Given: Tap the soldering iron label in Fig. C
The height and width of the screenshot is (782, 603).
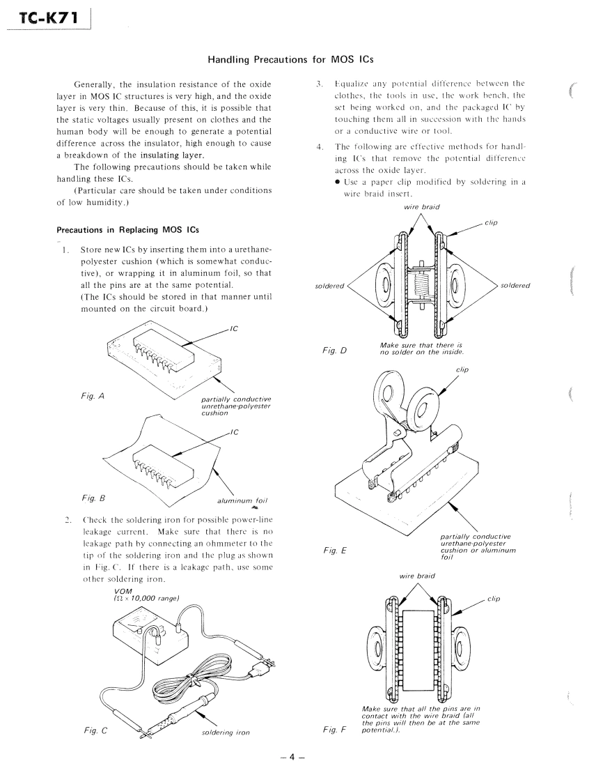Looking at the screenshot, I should pyautogui.click(x=224, y=733).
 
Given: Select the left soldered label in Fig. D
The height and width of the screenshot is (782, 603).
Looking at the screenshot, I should pyautogui.click(x=330, y=286).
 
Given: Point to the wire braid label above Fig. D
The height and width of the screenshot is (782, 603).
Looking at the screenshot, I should pyautogui.click(x=421, y=206).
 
